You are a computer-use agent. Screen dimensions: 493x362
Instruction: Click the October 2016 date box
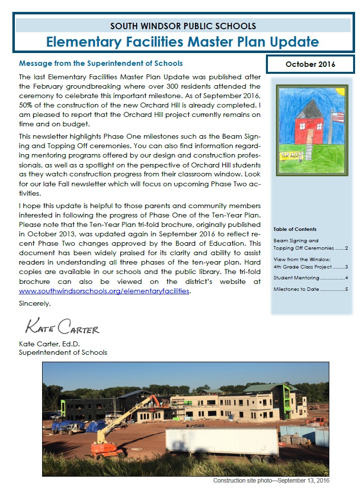tap(310, 64)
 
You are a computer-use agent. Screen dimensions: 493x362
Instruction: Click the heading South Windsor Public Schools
tap(183, 26)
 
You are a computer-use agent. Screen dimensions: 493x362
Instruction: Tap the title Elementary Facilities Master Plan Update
tap(183, 41)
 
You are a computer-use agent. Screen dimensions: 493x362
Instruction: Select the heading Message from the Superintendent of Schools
tap(101, 63)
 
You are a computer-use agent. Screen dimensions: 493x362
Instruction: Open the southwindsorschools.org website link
tap(104, 291)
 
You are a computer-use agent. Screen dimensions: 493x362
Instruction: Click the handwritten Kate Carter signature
tap(62, 328)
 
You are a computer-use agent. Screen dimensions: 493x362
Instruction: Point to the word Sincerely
tap(35, 303)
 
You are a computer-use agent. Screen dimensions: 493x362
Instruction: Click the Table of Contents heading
tap(295, 229)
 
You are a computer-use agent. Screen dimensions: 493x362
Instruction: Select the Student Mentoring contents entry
tap(310, 278)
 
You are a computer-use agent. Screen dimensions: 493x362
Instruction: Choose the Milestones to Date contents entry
tap(310, 289)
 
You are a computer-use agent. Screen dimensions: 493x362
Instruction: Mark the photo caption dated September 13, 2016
tap(271, 481)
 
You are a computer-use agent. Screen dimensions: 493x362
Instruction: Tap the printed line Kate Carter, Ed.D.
tap(50, 344)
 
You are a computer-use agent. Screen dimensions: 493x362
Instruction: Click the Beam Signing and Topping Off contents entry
tap(310, 244)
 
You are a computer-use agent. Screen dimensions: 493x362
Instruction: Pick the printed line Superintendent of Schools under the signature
tap(63, 353)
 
